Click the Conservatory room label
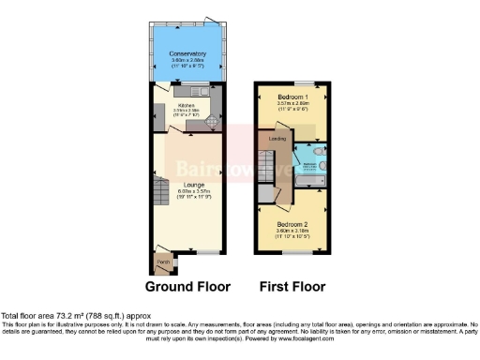187,53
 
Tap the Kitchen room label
186,105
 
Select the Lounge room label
187,186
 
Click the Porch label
162,262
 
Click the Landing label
277,139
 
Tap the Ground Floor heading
187,287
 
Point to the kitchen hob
212,121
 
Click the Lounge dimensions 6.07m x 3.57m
187,192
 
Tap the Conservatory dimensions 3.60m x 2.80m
187,60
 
